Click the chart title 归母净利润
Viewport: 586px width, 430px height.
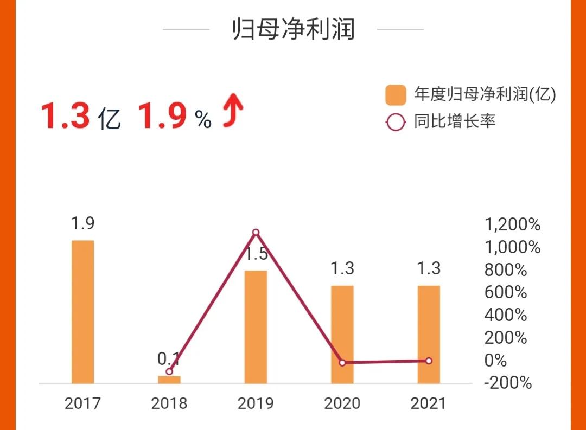293,29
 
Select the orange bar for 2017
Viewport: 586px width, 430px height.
82,312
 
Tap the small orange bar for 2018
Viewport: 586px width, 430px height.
169,380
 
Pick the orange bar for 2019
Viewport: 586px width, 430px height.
256,326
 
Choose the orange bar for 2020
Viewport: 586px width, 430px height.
342,334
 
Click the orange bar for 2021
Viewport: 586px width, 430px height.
429,334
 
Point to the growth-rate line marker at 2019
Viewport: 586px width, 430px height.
256,233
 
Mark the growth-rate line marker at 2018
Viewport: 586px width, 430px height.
169,371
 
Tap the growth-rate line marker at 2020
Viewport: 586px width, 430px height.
342,362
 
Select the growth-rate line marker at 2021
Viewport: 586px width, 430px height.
429,361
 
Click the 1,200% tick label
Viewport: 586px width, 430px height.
512,224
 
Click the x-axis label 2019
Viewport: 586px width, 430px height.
256,403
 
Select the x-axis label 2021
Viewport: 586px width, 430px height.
429,403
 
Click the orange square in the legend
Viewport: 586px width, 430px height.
396,95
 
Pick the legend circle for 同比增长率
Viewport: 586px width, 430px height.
396,122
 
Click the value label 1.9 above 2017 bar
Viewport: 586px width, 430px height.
82,223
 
